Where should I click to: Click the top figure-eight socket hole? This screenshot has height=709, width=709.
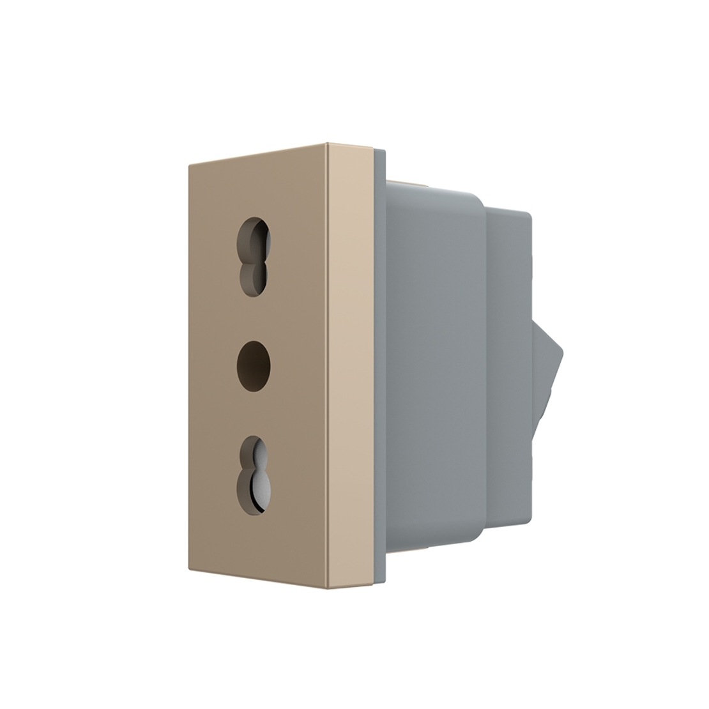[254, 257]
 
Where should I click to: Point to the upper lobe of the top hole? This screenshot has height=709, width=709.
[254, 238]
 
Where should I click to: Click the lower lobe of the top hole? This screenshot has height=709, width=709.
[254, 278]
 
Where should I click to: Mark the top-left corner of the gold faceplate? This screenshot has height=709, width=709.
[190, 167]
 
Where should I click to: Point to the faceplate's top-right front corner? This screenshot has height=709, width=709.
[327, 144]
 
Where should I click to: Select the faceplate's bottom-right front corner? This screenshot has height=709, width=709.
[327, 588]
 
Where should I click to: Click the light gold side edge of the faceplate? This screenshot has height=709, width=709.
[350, 364]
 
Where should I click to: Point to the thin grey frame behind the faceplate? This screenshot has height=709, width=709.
[379, 364]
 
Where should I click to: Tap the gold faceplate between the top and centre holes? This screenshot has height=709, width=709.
[254, 316]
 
